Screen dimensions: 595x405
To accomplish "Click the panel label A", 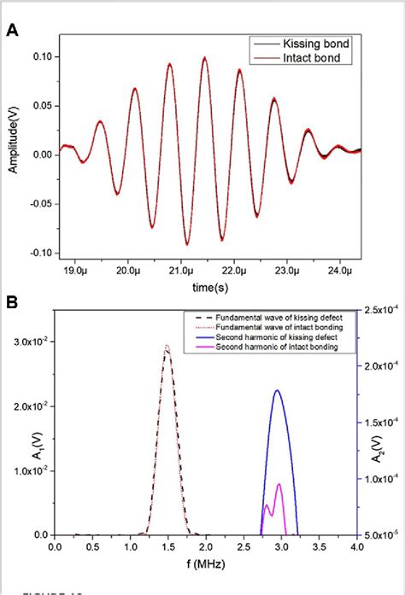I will [13, 31].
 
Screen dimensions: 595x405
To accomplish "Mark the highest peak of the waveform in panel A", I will [205, 58].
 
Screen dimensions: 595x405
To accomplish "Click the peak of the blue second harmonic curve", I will [277, 390].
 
